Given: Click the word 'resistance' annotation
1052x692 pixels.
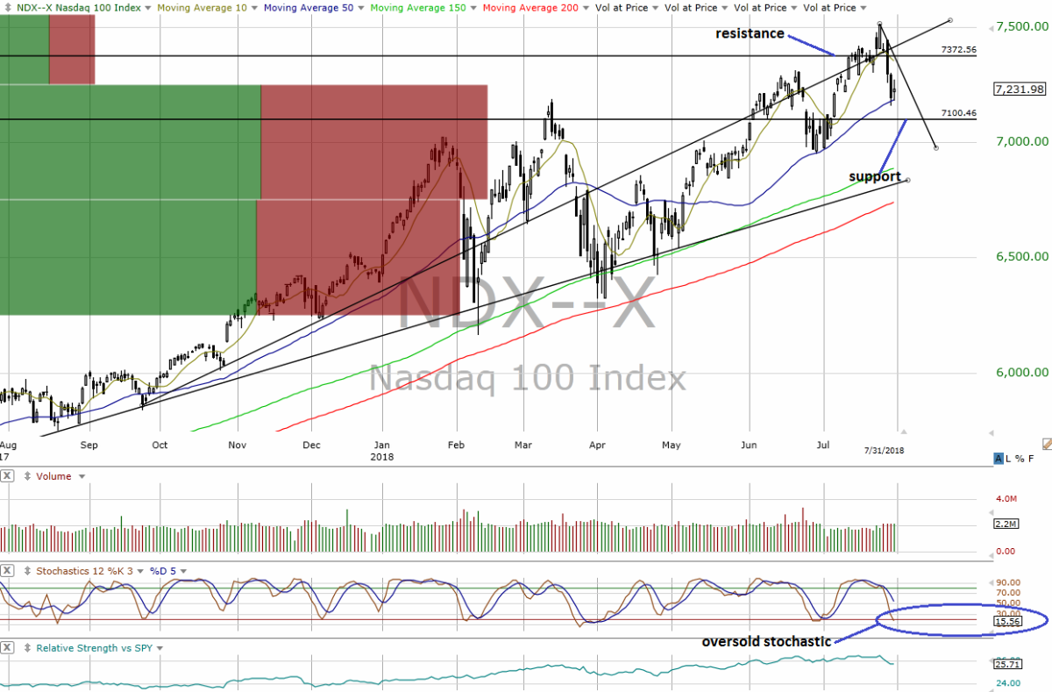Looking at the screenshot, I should (x=750, y=33).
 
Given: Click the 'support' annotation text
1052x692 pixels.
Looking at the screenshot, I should (x=875, y=176).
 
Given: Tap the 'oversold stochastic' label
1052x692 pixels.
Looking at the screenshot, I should (x=766, y=641).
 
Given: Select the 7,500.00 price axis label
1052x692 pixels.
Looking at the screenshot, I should (x=1021, y=26).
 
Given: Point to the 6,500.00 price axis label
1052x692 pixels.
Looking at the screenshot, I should (x=1021, y=257).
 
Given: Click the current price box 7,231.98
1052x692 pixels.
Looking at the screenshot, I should (x=1020, y=89).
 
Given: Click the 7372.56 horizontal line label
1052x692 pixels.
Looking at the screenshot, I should (x=959, y=50).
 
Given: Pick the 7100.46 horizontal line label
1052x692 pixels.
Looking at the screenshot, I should (x=959, y=113).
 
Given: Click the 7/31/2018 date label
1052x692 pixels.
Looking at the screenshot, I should (x=883, y=449).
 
